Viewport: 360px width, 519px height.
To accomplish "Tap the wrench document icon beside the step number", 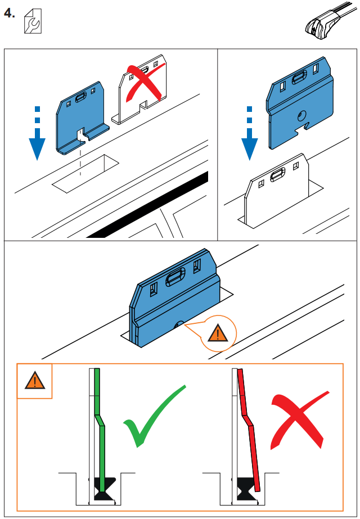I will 33,23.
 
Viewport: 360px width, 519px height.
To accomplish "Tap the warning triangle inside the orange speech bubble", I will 215,334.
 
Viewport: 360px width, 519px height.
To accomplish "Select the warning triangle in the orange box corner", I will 34,381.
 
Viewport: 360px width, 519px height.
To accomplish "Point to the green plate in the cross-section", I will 100,427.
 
